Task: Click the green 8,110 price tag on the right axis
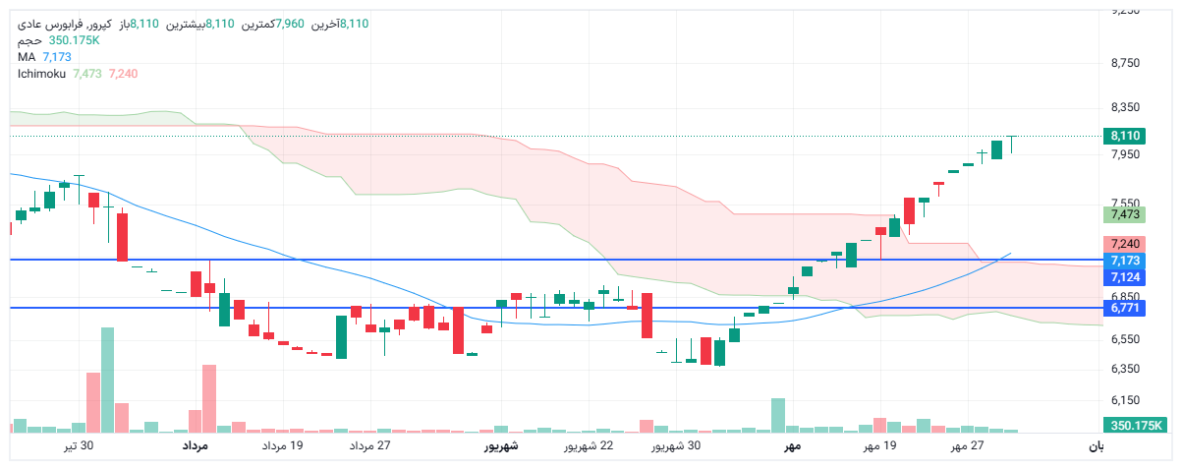tap(1125, 136)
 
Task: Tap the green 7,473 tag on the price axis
tap(1125, 214)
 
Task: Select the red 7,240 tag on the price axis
tap(1125, 244)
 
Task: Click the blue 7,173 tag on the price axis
tap(1125, 261)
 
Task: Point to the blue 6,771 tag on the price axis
tap(1125, 309)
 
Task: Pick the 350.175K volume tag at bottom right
tap(1134, 426)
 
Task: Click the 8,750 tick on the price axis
tap(1125, 63)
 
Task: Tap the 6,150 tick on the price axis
tap(1125, 400)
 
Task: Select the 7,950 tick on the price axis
tap(1125, 154)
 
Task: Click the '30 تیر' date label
tap(79, 446)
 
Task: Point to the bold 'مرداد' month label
tap(195, 446)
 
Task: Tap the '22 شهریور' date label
tap(589, 446)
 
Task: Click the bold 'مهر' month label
tap(792, 446)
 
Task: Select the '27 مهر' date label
tap(967, 446)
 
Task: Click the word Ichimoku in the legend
tap(41, 74)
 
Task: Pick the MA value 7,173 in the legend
tap(57, 57)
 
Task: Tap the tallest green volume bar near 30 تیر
tap(107, 380)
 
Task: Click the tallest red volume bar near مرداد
tap(208, 398)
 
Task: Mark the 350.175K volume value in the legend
tap(75, 40)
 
